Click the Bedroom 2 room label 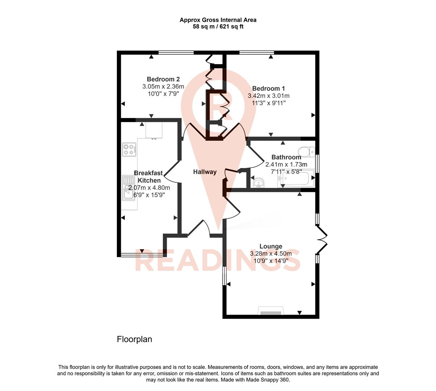tap(163, 79)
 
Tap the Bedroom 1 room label tap(268, 88)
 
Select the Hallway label tap(205, 172)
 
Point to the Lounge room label tap(271, 247)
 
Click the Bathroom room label tap(286, 157)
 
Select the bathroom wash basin tap(258, 183)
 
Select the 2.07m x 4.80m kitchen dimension tap(149, 188)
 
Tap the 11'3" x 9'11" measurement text tap(268, 103)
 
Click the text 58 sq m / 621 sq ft tap(218, 26)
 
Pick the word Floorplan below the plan tap(134, 339)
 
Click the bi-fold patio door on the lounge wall tap(322, 240)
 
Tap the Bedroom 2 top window tap(176, 53)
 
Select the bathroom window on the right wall tap(317, 164)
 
